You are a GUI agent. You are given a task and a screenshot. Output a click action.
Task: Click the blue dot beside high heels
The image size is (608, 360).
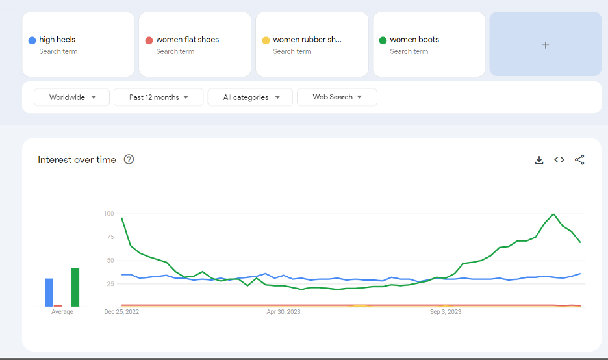click(32, 40)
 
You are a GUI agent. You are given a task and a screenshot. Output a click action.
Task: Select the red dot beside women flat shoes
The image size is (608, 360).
click(149, 40)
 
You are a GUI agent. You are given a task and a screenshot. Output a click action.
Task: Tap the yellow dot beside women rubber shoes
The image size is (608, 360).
click(266, 40)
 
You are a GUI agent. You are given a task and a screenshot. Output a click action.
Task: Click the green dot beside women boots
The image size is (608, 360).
click(383, 40)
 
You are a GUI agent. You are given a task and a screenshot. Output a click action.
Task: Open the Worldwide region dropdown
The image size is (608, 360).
click(71, 97)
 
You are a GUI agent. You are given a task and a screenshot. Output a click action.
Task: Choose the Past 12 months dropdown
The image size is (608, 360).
click(158, 97)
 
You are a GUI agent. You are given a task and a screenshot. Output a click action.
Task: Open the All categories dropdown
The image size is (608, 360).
click(250, 97)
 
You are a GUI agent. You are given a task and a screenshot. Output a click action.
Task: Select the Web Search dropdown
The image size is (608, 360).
click(337, 97)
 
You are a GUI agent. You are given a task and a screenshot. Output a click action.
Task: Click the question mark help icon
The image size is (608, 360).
click(129, 159)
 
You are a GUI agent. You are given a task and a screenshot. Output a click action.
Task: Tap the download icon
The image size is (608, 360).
click(539, 160)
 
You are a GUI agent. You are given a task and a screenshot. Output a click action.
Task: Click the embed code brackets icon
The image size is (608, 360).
click(559, 159)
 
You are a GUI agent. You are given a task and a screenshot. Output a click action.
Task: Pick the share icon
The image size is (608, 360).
click(579, 159)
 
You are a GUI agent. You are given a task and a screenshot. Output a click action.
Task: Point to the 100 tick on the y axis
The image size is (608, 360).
click(109, 213)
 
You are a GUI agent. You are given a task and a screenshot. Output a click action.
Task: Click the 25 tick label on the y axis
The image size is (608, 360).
click(110, 283)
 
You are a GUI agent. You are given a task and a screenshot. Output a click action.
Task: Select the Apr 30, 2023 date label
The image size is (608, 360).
click(283, 311)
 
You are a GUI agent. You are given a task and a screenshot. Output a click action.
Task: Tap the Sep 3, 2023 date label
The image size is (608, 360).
click(446, 311)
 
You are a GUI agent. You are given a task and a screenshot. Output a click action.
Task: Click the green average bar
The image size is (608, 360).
click(75, 287)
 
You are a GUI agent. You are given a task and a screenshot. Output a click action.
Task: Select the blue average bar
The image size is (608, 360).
click(49, 292)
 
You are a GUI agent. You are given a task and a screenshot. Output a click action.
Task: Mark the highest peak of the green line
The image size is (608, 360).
click(553, 214)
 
